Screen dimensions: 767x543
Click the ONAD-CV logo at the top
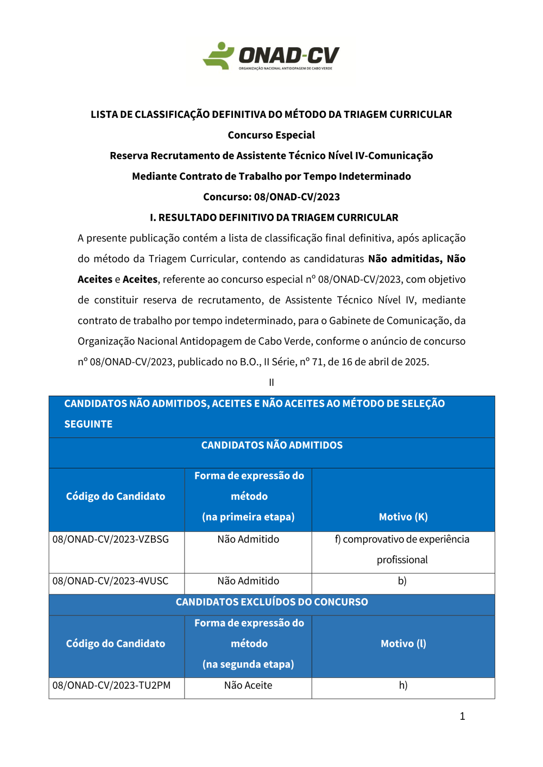(x=271, y=56)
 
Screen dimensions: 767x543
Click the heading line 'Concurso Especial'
(x=271, y=135)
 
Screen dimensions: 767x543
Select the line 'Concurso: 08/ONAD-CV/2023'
(x=271, y=197)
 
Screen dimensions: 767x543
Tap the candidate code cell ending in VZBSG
(x=111, y=540)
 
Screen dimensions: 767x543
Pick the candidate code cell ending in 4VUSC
(x=111, y=581)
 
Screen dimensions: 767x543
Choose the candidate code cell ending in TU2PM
(x=112, y=686)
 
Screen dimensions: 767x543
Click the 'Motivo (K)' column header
(x=403, y=517)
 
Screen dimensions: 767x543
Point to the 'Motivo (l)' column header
(x=403, y=644)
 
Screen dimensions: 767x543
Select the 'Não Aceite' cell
(x=248, y=686)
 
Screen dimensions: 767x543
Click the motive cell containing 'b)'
(x=402, y=581)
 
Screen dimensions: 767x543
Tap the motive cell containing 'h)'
(x=403, y=686)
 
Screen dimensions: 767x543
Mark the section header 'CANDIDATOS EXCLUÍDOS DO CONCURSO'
(x=271, y=602)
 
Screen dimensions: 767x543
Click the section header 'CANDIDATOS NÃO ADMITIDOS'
(x=271, y=446)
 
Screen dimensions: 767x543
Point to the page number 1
(x=463, y=717)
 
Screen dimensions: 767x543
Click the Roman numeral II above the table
(x=271, y=383)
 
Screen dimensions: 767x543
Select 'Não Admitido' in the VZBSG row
(x=248, y=540)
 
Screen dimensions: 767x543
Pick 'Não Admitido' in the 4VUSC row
(x=248, y=581)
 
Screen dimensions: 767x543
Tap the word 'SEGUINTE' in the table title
(x=89, y=424)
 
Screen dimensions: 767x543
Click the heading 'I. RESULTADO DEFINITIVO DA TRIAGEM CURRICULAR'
(x=274, y=218)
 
